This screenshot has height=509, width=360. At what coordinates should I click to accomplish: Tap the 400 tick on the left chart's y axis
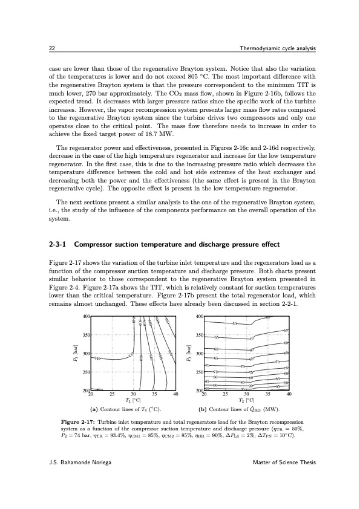coord(86,316)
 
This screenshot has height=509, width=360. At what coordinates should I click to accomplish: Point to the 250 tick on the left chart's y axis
coord(86,372)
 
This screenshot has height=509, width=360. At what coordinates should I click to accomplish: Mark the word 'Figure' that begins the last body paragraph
coord(57,261)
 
